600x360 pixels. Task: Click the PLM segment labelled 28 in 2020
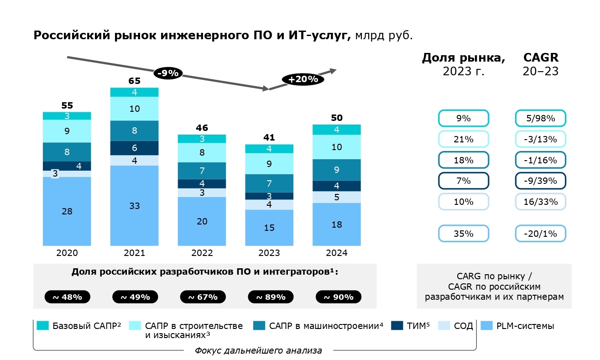(x=67, y=211)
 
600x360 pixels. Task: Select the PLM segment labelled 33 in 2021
(x=135, y=206)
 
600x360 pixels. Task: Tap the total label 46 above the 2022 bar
(x=202, y=128)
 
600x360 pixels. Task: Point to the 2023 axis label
(x=269, y=253)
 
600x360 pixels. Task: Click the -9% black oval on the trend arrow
(x=168, y=73)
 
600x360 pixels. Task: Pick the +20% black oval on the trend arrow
(x=303, y=78)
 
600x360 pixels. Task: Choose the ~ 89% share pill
(x=271, y=297)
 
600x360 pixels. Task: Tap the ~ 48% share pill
(x=68, y=297)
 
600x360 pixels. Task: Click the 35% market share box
(x=463, y=234)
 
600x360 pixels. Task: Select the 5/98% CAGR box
(x=541, y=119)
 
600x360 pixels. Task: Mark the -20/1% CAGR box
(x=541, y=234)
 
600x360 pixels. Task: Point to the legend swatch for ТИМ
(x=397, y=326)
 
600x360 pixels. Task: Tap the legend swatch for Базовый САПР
(x=42, y=326)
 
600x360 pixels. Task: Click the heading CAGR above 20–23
(x=541, y=58)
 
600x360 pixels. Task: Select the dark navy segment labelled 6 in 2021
(x=135, y=148)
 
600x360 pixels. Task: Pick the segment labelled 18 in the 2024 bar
(x=337, y=224)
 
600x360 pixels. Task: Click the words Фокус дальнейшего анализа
(x=258, y=351)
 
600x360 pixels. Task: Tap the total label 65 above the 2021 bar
(x=135, y=81)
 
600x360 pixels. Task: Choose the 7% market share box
(x=463, y=181)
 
